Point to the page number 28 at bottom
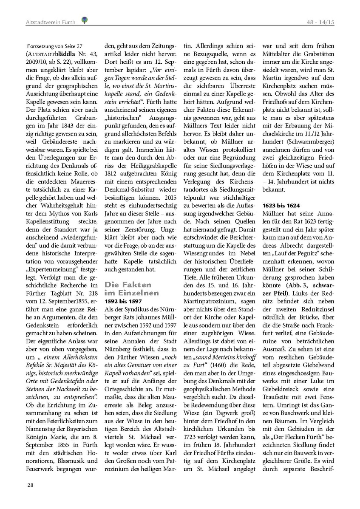point(31,485)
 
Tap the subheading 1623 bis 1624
point(281,205)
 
